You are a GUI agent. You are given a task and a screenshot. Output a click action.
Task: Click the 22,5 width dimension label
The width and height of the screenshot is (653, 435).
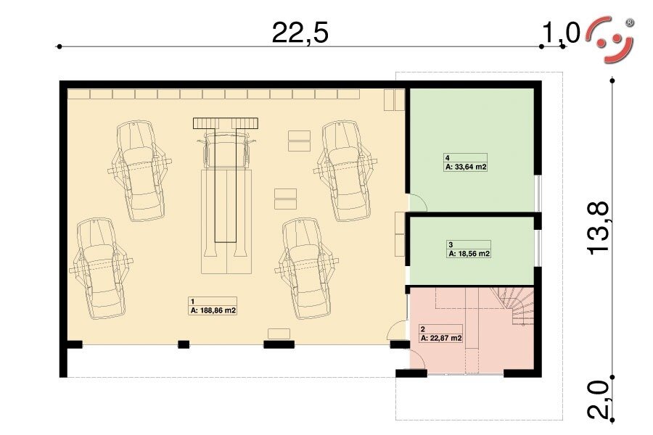[x=300, y=33]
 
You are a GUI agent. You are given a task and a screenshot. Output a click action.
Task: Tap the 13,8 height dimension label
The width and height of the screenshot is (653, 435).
[x=598, y=228]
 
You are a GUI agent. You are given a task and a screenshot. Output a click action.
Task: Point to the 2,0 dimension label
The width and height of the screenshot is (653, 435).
[x=598, y=399]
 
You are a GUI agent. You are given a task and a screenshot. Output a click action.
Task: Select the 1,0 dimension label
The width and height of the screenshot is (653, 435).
[x=561, y=33]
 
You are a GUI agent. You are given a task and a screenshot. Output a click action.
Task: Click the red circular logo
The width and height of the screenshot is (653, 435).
[x=610, y=40]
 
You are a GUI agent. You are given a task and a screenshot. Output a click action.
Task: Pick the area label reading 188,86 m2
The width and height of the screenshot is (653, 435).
[x=213, y=310]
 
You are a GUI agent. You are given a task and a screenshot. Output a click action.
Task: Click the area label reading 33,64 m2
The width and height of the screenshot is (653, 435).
[x=466, y=167]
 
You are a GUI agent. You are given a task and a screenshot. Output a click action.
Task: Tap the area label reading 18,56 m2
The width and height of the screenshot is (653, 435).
[x=469, y=254]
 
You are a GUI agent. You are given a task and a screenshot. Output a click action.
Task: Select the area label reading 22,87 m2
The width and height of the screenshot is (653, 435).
[x=441, y=338]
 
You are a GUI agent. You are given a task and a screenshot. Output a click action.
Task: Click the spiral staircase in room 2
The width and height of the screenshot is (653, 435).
[x=514, y=306]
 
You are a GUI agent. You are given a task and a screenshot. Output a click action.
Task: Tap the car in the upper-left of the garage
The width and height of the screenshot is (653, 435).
[x=139, y=170]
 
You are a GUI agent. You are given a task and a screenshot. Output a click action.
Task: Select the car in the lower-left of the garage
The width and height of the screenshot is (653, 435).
[x=100, y=268]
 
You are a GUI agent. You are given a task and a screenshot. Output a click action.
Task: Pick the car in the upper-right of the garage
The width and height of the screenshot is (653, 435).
[x=345, y=170]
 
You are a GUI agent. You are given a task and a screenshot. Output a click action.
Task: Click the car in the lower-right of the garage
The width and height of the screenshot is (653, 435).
[x=307, y=268]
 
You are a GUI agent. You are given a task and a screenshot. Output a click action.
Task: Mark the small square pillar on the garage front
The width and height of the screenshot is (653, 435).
[x=184, y=344]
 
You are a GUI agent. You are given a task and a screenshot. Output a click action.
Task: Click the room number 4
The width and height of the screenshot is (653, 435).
[x=447, y=158]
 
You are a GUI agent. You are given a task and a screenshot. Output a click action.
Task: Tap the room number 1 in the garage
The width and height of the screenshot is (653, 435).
[x=192, y=302]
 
